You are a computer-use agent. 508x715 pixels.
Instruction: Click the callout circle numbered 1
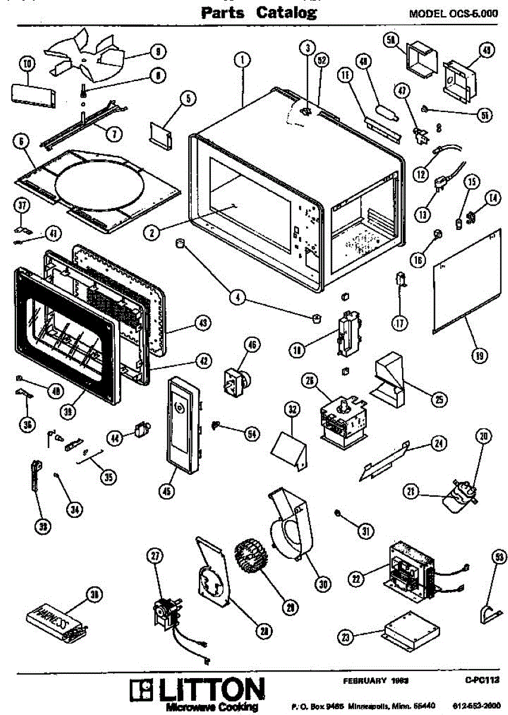coord(242,59)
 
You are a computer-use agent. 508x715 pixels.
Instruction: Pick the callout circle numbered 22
coord(357,577)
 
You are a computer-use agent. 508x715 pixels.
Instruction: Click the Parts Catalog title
coord(258,13)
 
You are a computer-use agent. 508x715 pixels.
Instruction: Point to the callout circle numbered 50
coord(391,41)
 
